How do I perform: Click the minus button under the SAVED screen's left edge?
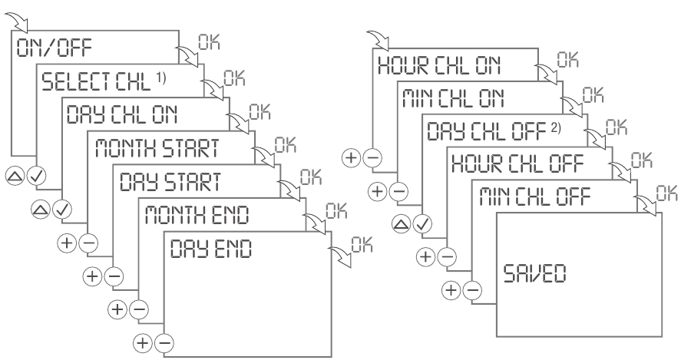(x=473, y=289)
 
